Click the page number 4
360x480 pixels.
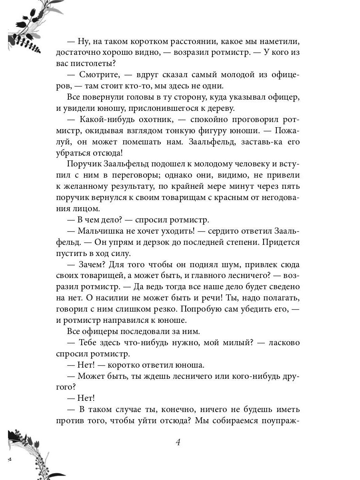178,442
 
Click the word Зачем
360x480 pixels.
92,264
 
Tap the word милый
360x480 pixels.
245,343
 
